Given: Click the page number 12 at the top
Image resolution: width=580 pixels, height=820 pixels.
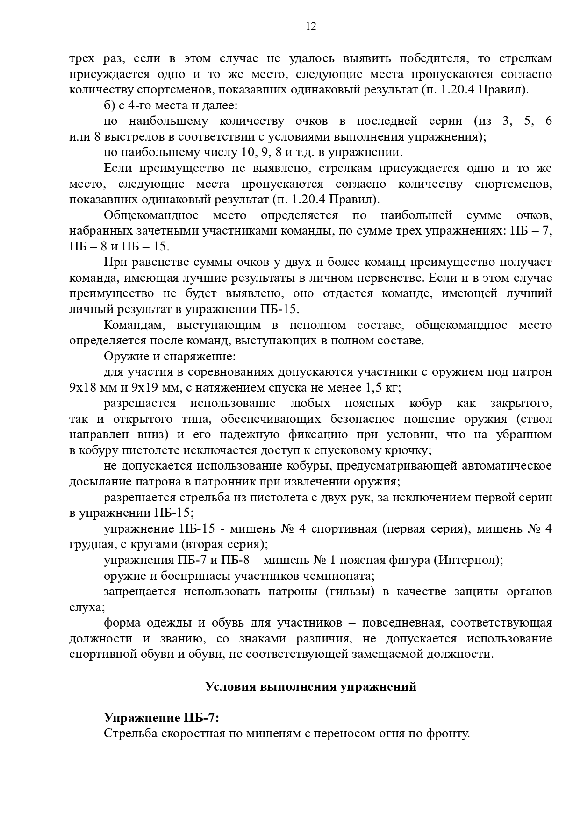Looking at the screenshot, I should pyautogui.click(x=311, y=27).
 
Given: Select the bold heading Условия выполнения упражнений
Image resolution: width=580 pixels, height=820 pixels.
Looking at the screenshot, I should pyautogui.click(x=311, y=686).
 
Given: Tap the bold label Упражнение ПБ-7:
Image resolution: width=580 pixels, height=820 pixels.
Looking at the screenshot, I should pyautogui.click(x=161, y=718).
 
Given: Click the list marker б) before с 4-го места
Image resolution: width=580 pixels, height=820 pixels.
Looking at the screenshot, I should pyautogui.click(x=109, y=106).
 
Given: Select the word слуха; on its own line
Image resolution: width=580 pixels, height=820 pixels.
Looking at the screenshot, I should pyautogui.click(x=87, y=607).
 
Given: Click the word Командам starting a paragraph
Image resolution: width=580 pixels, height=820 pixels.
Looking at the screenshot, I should pyautogui.click(x=131, y=325).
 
